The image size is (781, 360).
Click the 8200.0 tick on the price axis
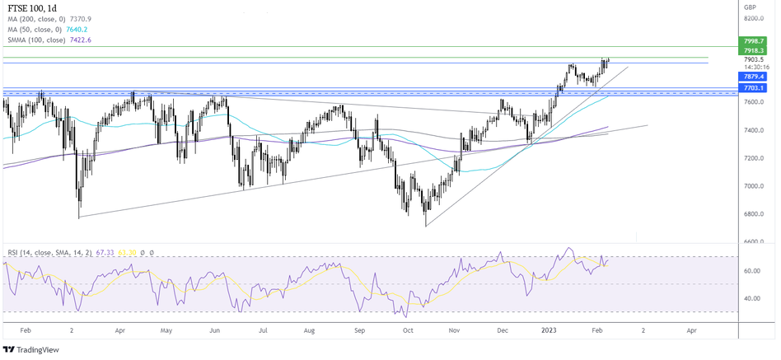click(755, 18)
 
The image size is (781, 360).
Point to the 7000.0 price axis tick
click(755, 186)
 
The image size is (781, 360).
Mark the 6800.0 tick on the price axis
click(755, 214)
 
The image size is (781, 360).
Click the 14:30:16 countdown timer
click(755, 68)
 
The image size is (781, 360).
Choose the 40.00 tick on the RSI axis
click(751, 298)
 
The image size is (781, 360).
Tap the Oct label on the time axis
click(407, 329)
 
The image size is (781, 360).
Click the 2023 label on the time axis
click(550, 329)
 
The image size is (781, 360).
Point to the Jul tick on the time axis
click(263, 329)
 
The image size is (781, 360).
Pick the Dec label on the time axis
click(502, 329)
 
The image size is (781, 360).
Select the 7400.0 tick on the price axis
click(755, 130)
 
